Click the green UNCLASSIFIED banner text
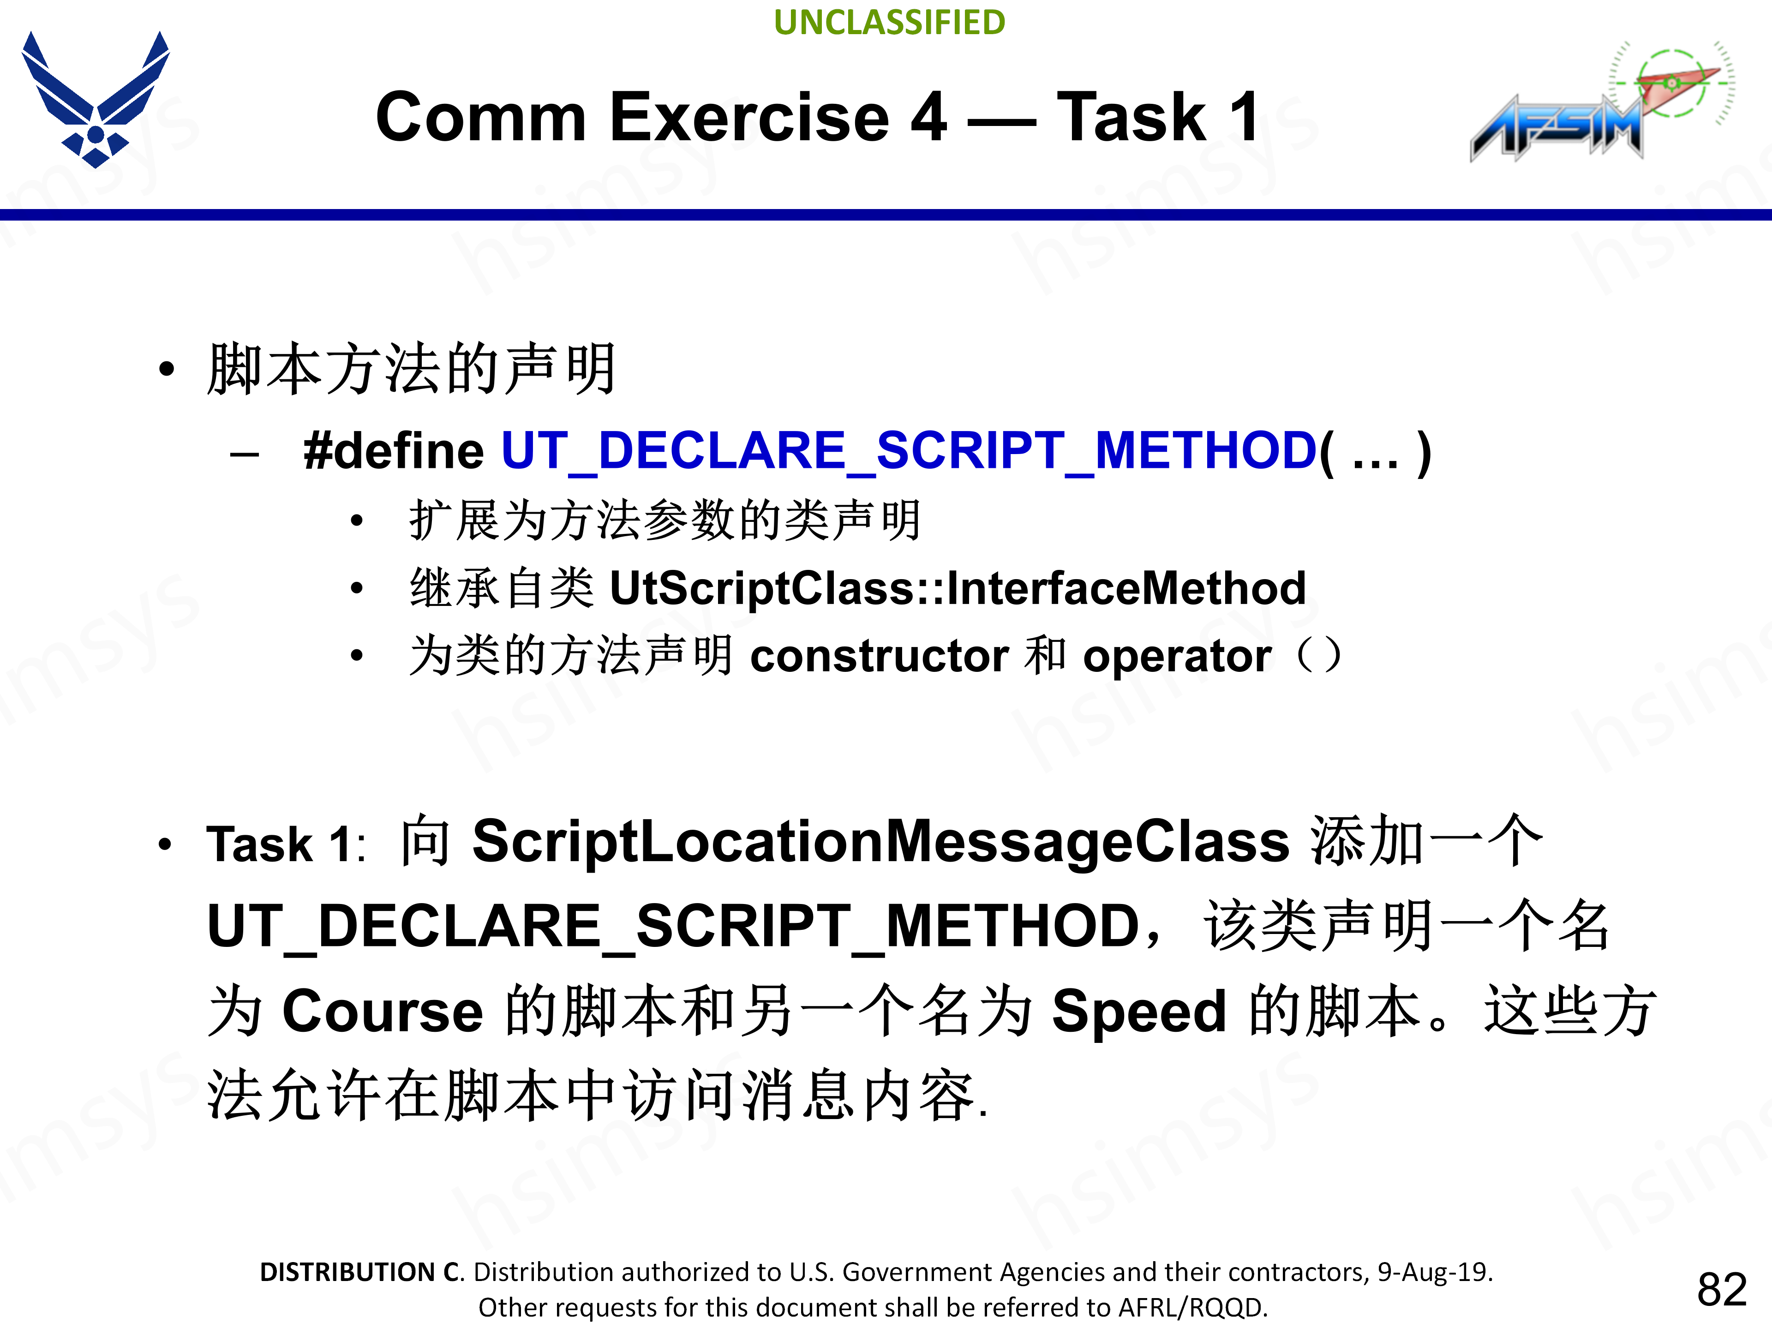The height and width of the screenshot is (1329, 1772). click(x=889, y=23)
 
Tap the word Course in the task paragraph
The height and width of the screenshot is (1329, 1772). click(x=383, y=1011)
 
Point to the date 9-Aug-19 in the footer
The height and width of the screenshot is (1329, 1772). click(x=1434, y=1272)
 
